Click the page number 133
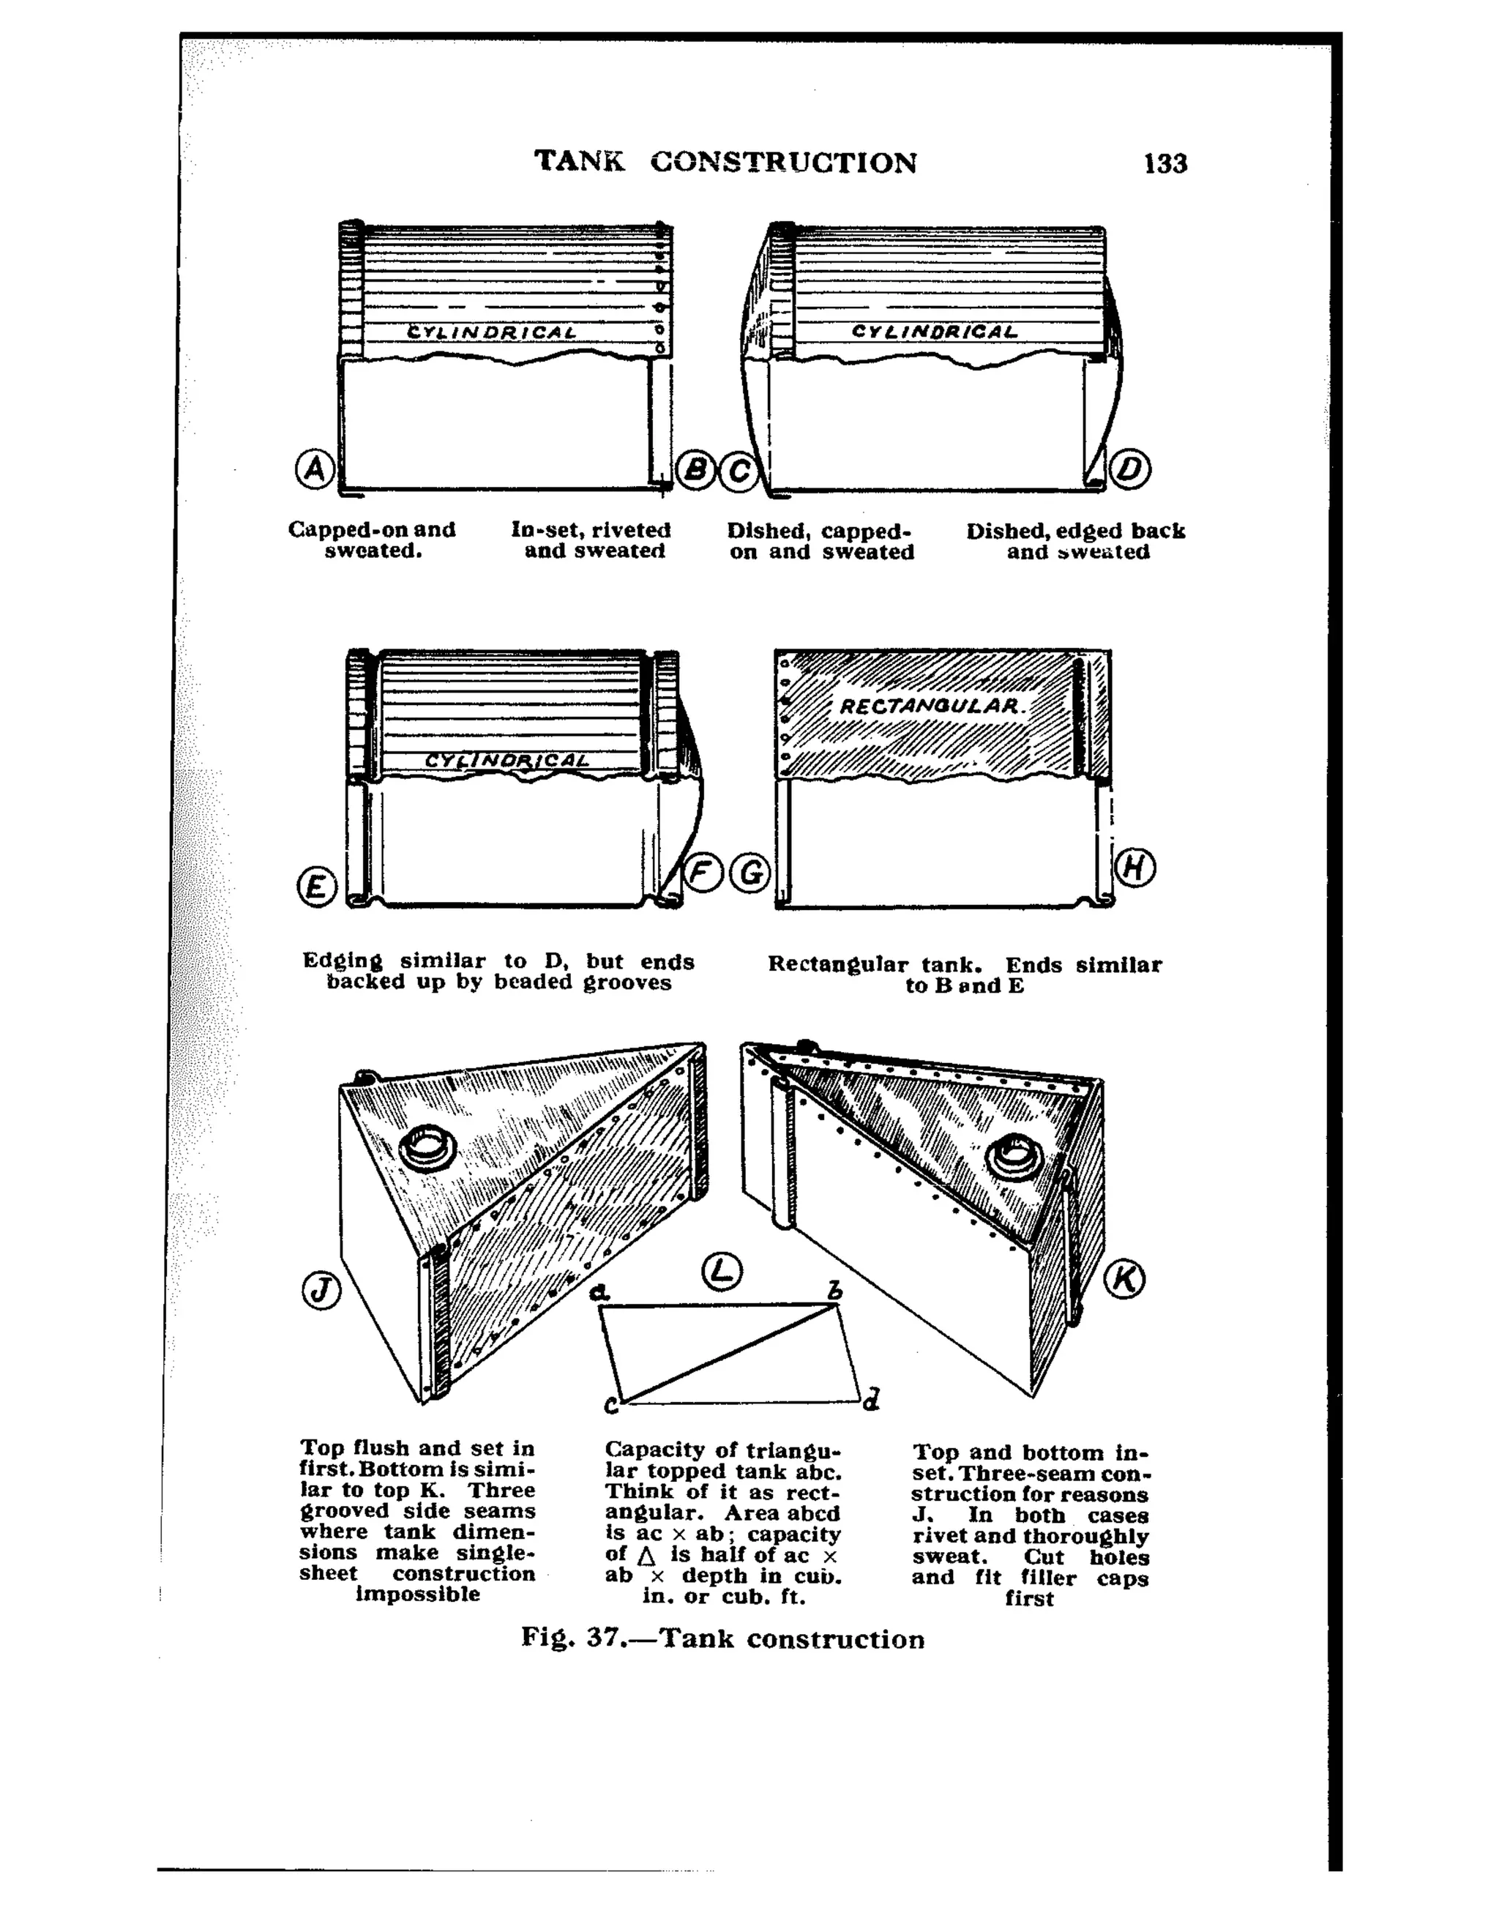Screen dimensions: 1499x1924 (1165, 164)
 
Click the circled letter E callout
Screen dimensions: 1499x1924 (317, 887)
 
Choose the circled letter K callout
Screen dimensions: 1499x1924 (1125, 1279)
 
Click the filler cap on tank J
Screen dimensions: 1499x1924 (428, 1149)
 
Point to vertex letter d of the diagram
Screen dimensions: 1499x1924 (870, 1399)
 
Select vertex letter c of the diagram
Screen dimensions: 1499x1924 (611, 1405)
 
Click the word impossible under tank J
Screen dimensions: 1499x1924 (417, 1594)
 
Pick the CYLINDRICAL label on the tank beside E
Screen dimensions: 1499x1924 (506, 760)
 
